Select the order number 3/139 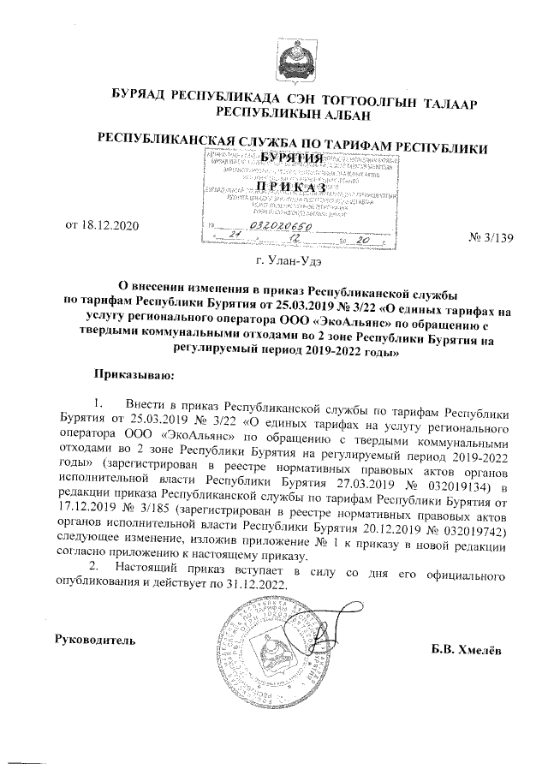pos(494,236)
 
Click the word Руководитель pos(95,639)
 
